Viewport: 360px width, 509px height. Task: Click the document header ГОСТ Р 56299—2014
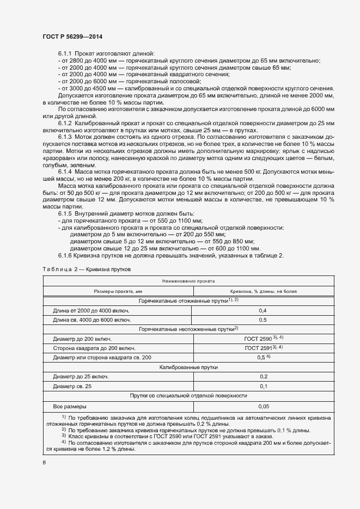coord(72,36)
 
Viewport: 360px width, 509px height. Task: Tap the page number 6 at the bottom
coord(44,462)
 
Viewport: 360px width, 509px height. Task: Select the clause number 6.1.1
coord(65,53)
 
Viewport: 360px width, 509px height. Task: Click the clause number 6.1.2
coord(65,125)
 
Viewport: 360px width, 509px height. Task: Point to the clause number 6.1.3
coord(65,139)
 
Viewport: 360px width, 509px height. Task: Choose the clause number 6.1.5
coord(65,213)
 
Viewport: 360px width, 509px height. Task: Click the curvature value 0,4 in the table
coord(263,310)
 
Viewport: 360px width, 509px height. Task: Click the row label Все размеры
coord(70,406)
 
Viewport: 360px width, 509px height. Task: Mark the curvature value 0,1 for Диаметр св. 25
coord(263,386)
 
